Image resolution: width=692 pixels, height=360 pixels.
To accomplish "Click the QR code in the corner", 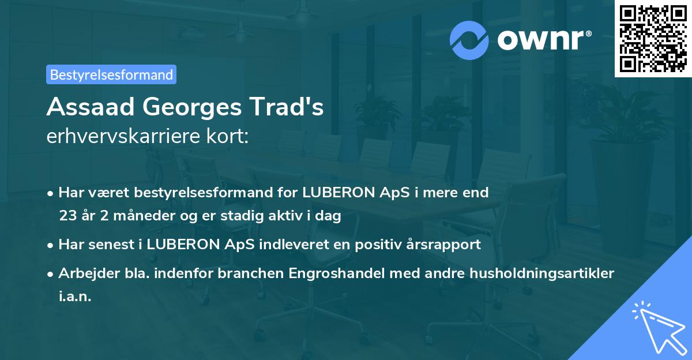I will pos(652,39).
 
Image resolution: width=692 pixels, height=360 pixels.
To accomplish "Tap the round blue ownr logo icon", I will pos(469,40).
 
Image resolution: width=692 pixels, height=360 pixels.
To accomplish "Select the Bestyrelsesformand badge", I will pos(111,74).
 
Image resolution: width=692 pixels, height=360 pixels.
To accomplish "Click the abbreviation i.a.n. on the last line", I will pos(75,297).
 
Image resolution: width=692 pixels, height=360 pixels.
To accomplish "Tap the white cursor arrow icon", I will pos(657,326).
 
